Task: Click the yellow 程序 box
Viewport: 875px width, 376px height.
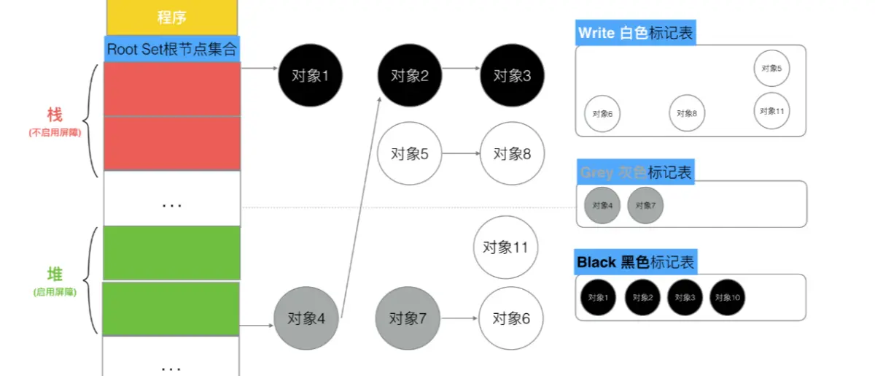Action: (x=172, y=17)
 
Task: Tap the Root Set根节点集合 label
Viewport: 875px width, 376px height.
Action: (x=172, y=50)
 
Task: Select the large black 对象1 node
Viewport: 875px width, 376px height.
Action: (x=311, y=75)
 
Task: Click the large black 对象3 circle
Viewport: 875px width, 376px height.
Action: (x=512, y=75)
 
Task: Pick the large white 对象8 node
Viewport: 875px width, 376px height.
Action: (x=512, y=154)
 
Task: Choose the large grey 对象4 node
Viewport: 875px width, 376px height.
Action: (x=306, y=318)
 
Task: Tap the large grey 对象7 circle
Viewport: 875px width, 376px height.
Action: (x=408, y=318)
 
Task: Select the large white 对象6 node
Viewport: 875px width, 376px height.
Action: (x=511, y=318)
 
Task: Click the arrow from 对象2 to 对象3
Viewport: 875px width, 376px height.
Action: (x=460, y=70)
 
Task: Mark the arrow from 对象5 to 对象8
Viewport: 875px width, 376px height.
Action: (x=460, y=154)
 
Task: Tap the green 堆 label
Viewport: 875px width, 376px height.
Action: (x=55, y=275)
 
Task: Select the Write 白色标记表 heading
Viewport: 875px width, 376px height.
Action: (x=635, y=33)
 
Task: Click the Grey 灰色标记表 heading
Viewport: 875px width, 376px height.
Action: (x=635, y=172)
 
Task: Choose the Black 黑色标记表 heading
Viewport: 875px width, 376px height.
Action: (x=635, y=262)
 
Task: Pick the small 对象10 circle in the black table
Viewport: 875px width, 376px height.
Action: (x=728, y=298)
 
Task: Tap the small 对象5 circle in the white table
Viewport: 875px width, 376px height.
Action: (x=771, y=68)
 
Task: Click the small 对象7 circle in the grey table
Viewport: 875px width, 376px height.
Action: (x=645, y=205)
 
